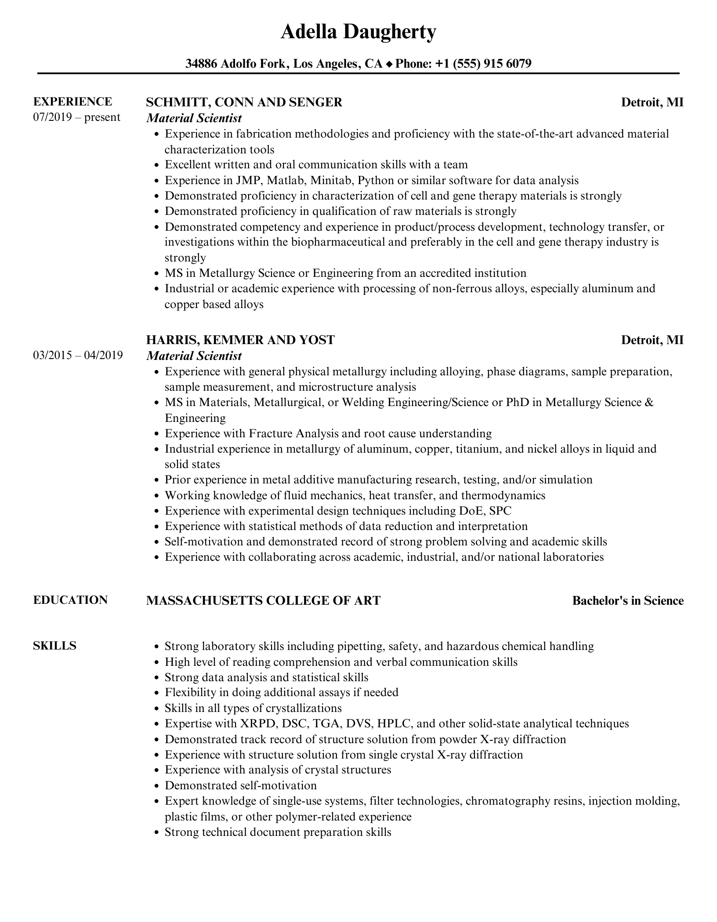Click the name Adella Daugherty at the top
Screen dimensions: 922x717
click(x=358, y=32)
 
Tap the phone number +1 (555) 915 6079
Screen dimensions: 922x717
click(x=483, y=64)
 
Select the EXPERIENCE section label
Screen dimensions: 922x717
click(x=72, y=102)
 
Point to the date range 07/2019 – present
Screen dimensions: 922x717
click(x=76, y=117)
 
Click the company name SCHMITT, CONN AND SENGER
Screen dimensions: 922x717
click(x=244, y=102)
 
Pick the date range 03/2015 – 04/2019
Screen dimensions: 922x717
click(x=78, y=355)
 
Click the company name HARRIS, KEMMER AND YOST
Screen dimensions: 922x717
click(x=240, y=340)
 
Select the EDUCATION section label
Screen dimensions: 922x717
click(x=70, y=600)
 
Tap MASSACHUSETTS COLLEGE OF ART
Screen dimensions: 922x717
click(x=263, y=600)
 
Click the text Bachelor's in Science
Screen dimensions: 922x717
click(x=628, y=601)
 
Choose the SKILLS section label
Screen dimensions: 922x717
click(x=54, y=646)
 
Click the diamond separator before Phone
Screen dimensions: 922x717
click(x=389, y=64)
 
